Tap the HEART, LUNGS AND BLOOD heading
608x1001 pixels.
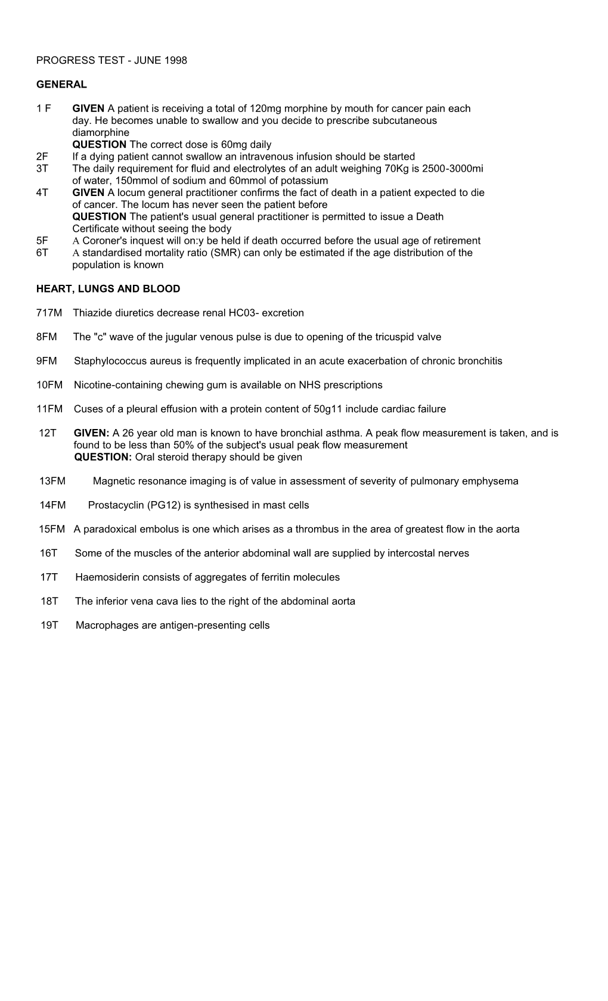click(108, 289)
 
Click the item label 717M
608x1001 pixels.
click(49, 313)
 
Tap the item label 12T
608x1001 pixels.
click(48, 433)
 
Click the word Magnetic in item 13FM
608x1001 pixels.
click(112, 481)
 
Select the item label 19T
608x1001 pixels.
click(49, 626)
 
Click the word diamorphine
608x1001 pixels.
click(101, 133)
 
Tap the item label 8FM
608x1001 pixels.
click(46, 337)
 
